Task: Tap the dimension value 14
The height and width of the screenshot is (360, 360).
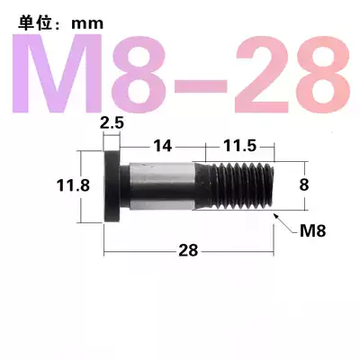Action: (162, 144)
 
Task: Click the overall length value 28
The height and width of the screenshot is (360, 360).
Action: (187, 251)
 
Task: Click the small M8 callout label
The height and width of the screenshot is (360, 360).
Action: (311, 230)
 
